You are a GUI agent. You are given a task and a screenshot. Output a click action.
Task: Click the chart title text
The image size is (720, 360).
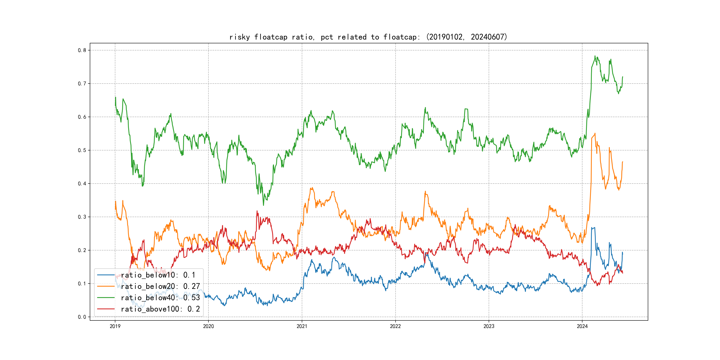pos(368,37)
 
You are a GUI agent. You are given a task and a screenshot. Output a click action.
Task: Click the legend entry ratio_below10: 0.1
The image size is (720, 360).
pos(158,275)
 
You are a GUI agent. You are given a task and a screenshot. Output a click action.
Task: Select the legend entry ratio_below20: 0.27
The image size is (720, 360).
pos(160,286)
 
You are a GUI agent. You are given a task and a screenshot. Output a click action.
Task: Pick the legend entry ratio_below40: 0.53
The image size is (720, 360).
pos(160,298)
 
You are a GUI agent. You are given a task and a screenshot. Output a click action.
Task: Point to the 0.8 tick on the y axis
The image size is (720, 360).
pos(82,50)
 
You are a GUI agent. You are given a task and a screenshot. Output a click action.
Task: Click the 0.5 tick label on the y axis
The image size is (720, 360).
pos(82,150)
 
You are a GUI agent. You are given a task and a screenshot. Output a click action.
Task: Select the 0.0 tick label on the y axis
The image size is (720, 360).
pos(82,317)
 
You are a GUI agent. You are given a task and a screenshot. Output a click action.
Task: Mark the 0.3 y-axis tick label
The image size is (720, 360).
pos(82,217)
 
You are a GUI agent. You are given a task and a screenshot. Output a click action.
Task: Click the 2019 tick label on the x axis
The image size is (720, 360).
pos(115,326)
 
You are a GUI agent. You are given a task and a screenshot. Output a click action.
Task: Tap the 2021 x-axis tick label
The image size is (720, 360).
pos(302,326)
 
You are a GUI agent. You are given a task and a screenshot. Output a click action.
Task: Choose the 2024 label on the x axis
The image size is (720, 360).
pos(582,326)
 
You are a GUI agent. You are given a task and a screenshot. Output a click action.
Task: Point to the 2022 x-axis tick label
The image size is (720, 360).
pos(395,326)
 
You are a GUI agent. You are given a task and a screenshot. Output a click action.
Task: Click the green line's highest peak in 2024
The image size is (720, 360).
pos(595,56)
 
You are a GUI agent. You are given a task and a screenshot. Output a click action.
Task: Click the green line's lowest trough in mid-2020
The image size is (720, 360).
pos(263,205)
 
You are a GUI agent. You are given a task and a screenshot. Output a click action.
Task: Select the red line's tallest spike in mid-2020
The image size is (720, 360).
pos(257,211)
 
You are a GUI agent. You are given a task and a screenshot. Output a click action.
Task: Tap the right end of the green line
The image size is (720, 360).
pos(622,77)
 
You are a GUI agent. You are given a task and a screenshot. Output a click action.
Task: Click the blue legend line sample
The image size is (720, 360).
pos(106,275)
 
